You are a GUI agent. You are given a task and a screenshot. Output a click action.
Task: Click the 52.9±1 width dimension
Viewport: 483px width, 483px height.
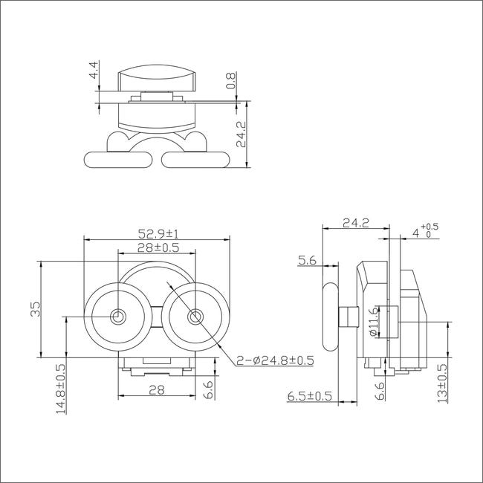point(158,234)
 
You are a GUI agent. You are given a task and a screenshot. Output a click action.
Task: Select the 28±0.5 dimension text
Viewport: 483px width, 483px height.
point(158,247)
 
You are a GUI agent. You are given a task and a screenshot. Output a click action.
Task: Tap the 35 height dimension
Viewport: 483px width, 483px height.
point(36,309)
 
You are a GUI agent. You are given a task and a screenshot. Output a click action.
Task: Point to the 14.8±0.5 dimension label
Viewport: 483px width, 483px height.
point(61,389)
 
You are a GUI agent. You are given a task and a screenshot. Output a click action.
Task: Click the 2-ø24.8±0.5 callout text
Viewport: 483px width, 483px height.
point(275,360)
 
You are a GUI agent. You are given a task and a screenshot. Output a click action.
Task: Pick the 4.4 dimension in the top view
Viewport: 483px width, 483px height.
point(94,70)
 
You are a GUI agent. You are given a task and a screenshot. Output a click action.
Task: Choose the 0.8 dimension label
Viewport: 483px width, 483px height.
point(230,81)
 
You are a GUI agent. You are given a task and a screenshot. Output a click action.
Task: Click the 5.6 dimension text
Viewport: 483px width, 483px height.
point(307,261)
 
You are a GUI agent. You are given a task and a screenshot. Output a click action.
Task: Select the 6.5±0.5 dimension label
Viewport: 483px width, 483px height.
point(310,396)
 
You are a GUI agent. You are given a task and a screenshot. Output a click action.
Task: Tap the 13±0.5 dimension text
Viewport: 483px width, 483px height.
point(442,383)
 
